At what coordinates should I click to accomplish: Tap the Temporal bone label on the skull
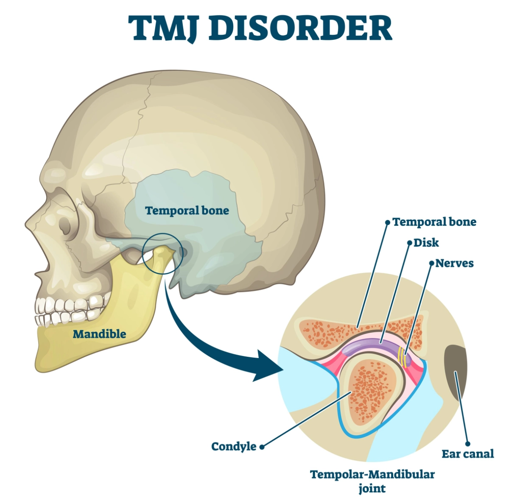point(187,211)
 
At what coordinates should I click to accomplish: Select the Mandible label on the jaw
point(99,334)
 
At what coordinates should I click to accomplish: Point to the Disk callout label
point(426,243)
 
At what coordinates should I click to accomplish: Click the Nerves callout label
point(454,263)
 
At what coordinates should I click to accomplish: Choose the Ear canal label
point(467,454)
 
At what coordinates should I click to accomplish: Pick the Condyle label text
point(234,446)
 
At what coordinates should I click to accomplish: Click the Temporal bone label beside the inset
point(434,222)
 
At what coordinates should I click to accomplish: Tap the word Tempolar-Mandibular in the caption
point(372,474)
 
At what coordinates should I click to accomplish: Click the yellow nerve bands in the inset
point(402,355)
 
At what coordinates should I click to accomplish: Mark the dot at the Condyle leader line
point(262,446)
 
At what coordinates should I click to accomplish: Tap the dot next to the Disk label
point(410,243)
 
